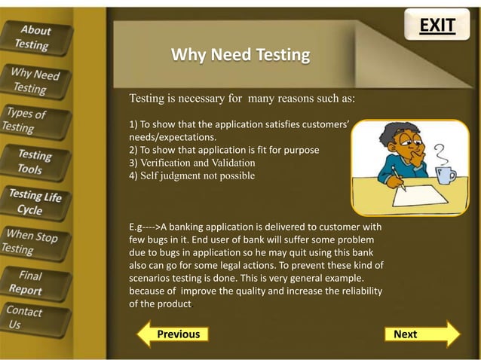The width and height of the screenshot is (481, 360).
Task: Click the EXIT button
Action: [437, 26]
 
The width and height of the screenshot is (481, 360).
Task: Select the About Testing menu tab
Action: [35, 37]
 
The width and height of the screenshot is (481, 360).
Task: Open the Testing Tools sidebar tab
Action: [35, 162]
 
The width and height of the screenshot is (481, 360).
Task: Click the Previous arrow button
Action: [171, 334]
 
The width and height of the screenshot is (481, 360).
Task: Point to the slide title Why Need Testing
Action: [240, 55]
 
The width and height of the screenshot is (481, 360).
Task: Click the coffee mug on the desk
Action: [446, 175]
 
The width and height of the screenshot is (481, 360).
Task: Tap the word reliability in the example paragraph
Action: [357, 291]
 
